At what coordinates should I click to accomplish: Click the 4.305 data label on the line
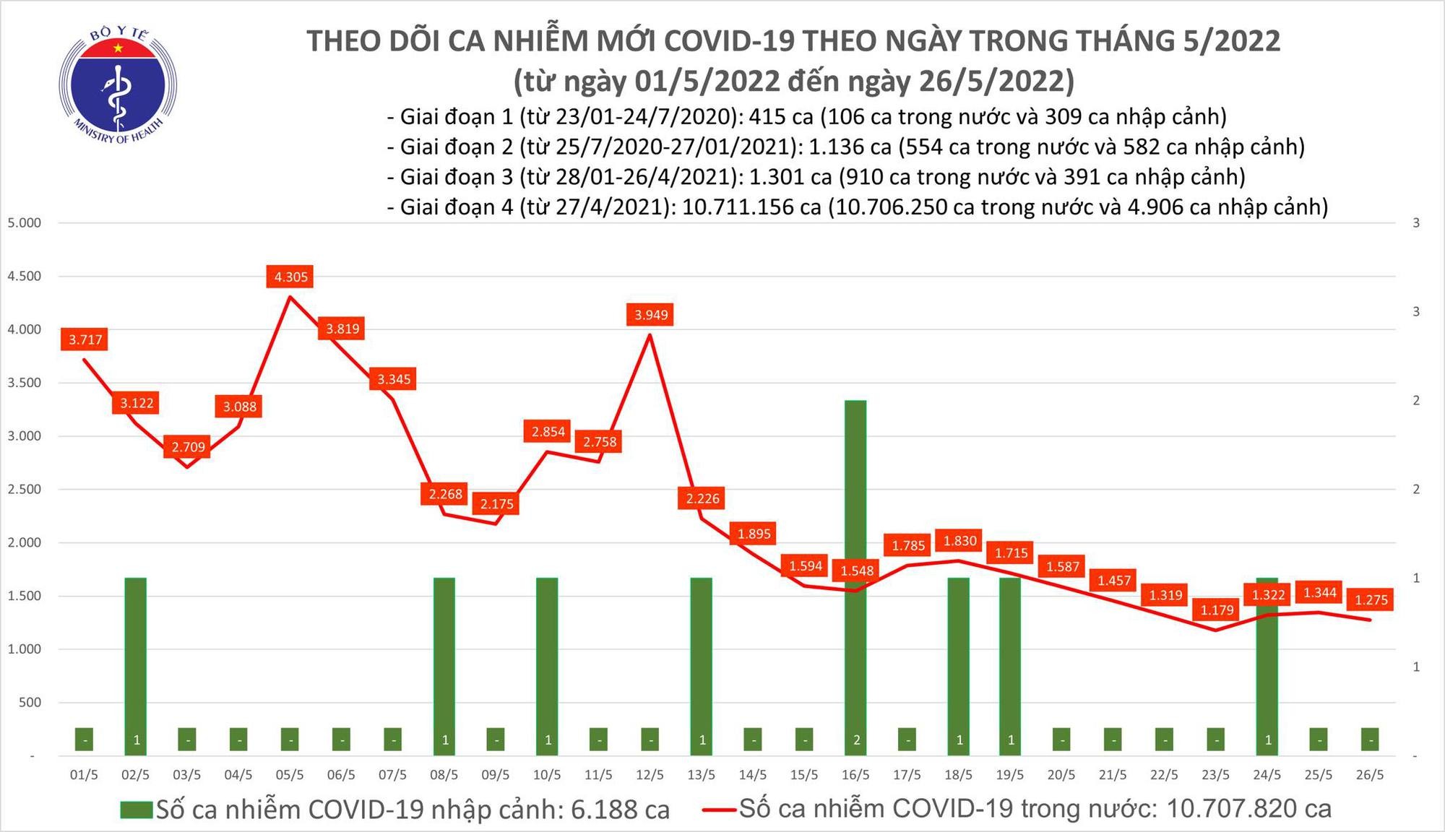291,277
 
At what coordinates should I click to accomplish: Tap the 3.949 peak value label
651,314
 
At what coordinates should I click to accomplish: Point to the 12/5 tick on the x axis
650,775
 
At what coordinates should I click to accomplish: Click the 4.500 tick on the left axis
25,276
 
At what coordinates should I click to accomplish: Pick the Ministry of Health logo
118,86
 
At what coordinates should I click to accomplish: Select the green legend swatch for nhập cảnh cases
137,810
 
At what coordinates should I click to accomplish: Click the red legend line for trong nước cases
720,810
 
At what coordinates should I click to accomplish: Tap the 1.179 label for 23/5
1217,610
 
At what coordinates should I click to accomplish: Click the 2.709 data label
188,447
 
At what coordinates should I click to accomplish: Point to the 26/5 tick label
1370,775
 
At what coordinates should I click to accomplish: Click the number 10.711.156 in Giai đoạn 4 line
751,207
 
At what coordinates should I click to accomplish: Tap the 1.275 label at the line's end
1371,599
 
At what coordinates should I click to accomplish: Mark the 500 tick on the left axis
30,702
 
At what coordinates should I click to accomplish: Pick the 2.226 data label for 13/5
702,498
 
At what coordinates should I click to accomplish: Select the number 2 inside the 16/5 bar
855,740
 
